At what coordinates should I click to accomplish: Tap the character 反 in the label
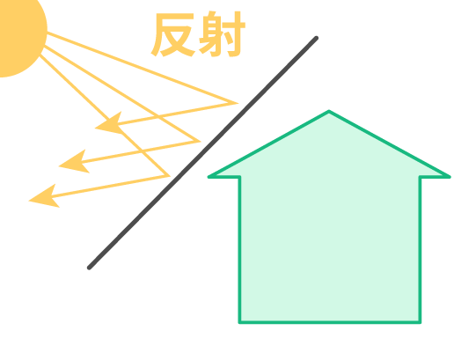click(173, 34)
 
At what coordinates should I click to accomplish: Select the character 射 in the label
click(222, 33)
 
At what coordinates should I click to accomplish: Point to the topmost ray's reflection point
click(238, 103)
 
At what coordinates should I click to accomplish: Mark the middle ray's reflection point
click(200, 142)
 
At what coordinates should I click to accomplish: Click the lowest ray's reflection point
click(169, 176)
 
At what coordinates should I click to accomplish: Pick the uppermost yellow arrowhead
click(109, 123)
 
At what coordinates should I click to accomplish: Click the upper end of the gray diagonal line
click(316, 38)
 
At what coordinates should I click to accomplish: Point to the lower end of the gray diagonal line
click(89, 268)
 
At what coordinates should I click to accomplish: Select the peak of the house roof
click(329, 111)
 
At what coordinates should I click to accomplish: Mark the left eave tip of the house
click(209, 177)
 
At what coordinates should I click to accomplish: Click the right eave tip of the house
click(450, 177)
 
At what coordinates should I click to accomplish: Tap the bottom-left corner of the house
click(239, 322)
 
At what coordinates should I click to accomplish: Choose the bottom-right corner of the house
click(420, 322)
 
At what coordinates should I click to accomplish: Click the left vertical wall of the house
click(239, 249)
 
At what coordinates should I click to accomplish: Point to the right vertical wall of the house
click(420, 249)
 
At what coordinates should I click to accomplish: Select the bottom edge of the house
click(330, 322)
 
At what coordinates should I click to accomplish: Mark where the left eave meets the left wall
click(239, 177)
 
